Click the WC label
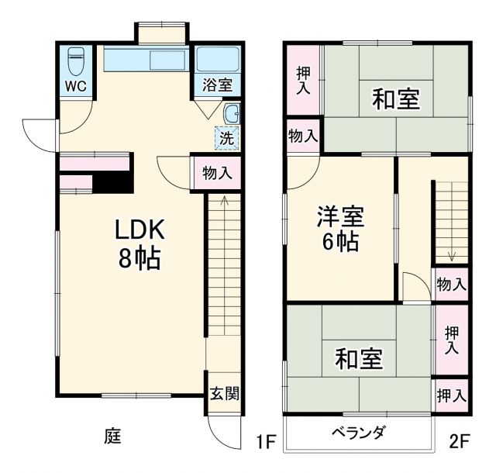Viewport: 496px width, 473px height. coord(75,85)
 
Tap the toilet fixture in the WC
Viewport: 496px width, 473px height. coord(75,59)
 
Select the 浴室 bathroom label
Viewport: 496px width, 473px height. coord(218,85)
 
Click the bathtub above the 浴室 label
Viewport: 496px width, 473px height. coord(218,59)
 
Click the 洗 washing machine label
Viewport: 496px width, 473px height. coord(226,139)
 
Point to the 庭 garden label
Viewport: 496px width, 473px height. coord(112,437)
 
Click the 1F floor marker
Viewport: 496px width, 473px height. coord(266,443)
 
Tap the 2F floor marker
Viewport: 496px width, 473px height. coord(459,443)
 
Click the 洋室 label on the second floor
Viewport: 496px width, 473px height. coord(339,216)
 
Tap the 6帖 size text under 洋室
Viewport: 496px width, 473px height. coord(339,242)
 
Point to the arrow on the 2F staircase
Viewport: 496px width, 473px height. coord(451,257)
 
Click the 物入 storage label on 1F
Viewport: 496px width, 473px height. coord(217,173)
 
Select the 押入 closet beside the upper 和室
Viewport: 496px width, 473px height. coord(303,80)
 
